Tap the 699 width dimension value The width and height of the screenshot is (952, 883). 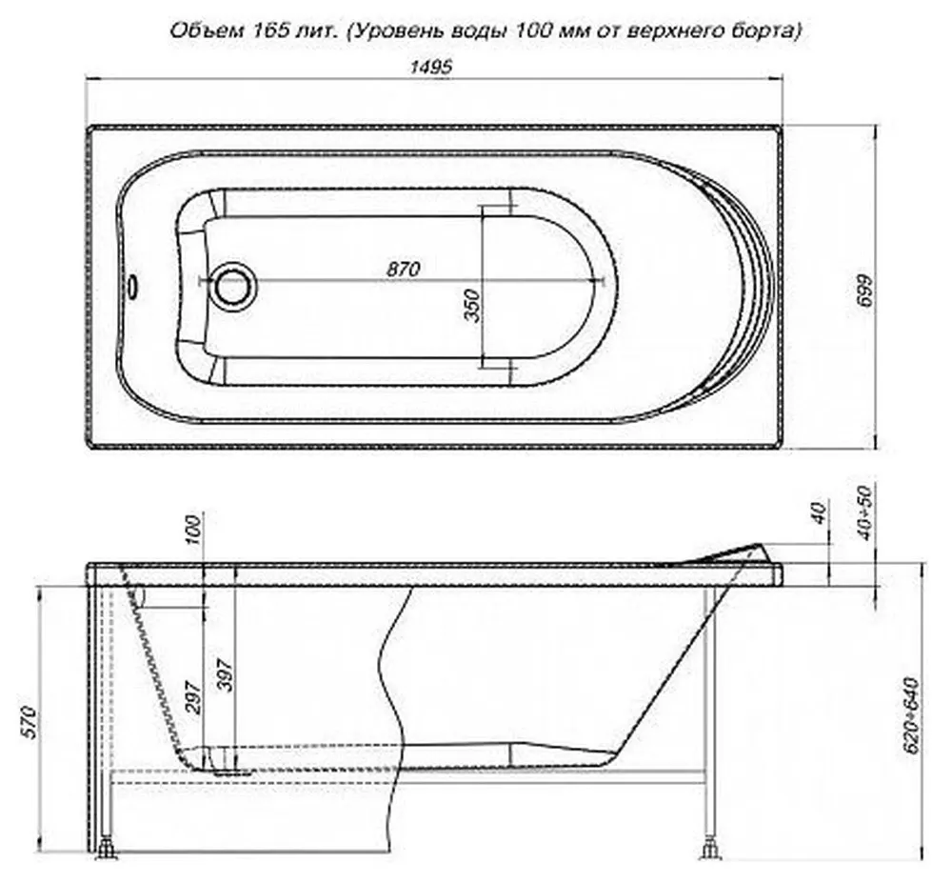(865, 291)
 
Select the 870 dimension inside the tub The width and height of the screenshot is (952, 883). (403, 269)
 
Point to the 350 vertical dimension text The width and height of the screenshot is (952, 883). (472, 306)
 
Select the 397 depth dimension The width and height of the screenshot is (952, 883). (226, 675)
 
